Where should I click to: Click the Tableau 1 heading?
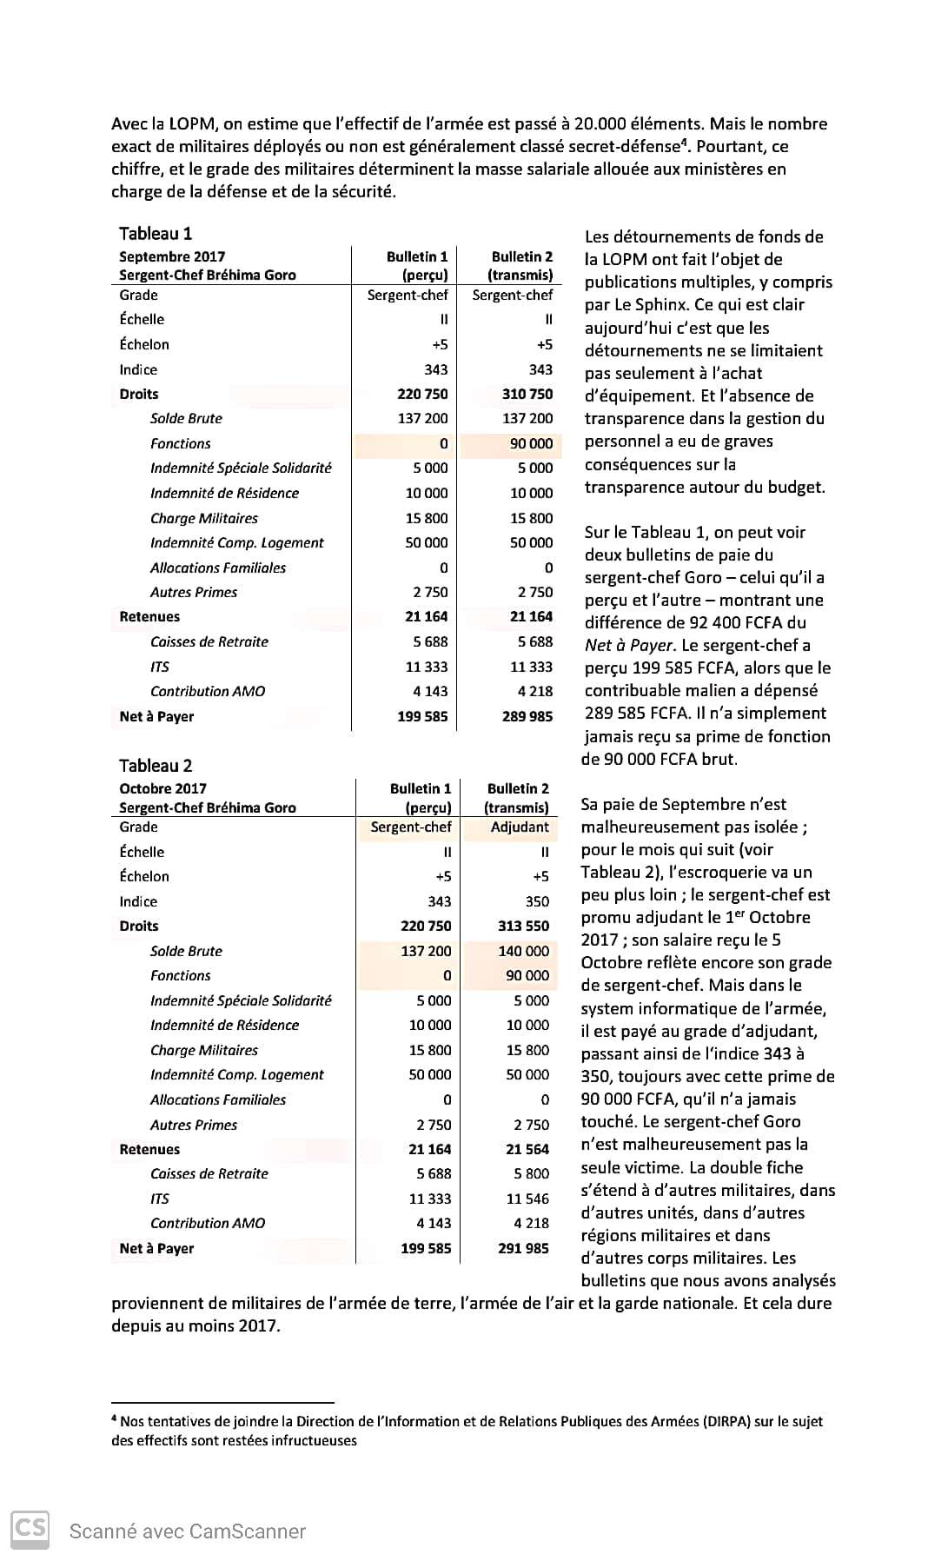tap(156, 233)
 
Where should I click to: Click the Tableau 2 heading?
tap(156, 766)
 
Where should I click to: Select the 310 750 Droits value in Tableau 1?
tap(527, 394)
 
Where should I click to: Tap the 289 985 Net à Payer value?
tap(527, 716)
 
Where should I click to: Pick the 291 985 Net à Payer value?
tap(523, 1248)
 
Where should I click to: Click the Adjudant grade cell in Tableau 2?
tap(520, 827)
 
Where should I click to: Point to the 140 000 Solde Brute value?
tap(523, 951)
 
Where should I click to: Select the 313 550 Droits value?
tap(523, 926)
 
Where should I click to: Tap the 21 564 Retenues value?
tap(527, 1149)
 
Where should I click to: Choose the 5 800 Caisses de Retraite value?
tap(531, 1173)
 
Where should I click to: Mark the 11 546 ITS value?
tap(527, 1199)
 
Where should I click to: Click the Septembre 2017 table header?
tap(172, 256)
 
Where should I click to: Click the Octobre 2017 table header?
tap(162, 788)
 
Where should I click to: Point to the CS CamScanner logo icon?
tap(30, 1527)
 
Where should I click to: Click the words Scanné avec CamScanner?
tap(188, 1531)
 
